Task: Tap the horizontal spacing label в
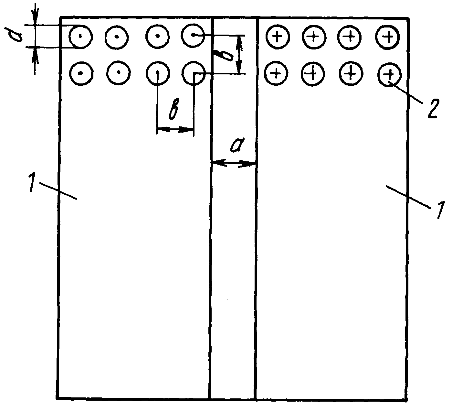tap(174, 109)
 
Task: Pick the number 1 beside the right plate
tap(440, 210)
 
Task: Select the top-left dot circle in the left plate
tap(80, 37)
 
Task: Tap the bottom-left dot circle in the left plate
tap(81, 73)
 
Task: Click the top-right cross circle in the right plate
tap(388, 37)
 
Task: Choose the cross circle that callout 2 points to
tap(389, 75)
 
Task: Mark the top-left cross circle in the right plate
tap(278, 37)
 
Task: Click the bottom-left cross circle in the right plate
tap(276, 73)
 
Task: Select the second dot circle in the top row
tap(117, 37)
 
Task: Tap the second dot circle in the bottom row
tap(119, 72)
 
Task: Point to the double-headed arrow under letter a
tap(234, 163)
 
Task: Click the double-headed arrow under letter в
tap(175, 129)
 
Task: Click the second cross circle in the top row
tap(314, 38)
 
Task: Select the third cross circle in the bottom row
tap(351, 74)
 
